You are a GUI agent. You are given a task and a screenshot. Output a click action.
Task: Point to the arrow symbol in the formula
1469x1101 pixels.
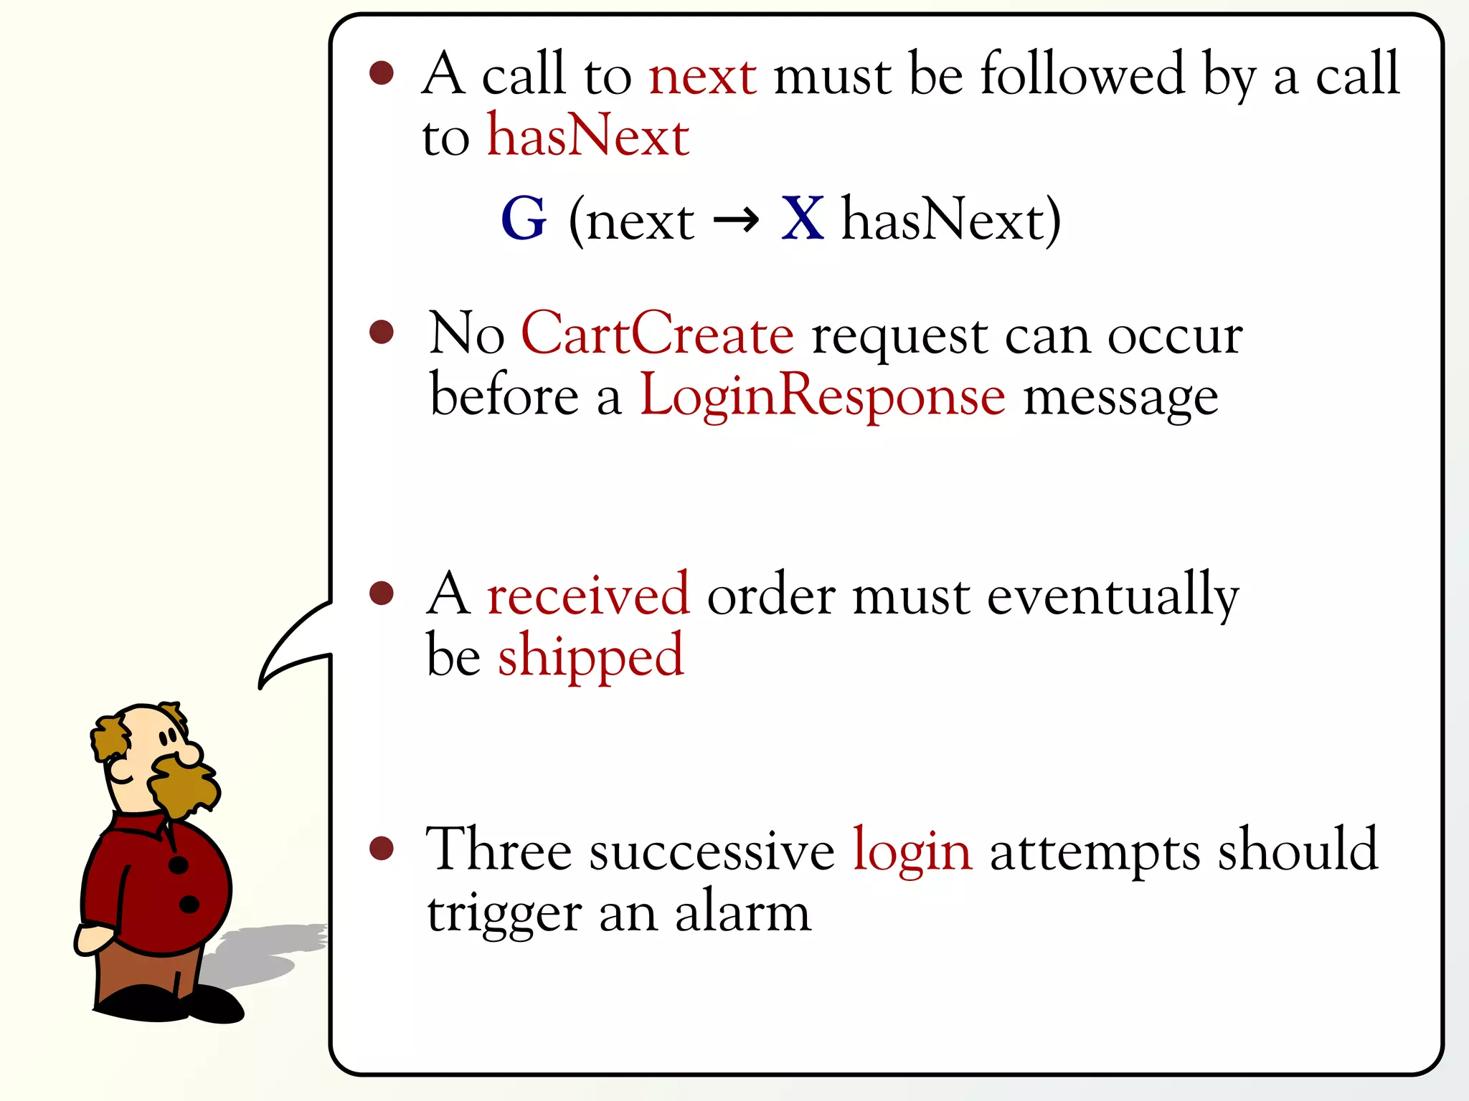tap(737, 220)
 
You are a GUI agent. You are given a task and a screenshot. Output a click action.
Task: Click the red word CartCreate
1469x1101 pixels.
tap(657, 334)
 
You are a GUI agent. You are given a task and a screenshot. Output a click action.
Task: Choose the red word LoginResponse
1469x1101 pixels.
tap(822, 396)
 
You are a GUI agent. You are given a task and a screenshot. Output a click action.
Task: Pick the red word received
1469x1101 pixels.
tap(588, 594)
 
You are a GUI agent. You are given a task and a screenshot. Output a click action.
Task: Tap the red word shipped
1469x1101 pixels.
tap(591, 657)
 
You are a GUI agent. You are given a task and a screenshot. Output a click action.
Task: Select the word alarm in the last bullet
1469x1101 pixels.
tap(743, 913)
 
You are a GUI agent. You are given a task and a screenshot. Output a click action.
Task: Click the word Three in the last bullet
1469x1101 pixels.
tap(499, 850)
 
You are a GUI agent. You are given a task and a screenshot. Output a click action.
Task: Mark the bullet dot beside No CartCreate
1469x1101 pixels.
tap(382, 332)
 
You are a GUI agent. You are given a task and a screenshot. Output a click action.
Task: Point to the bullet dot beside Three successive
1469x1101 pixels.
tap(382, 848)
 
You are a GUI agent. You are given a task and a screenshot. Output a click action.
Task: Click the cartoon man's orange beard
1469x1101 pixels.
tap(184, 788)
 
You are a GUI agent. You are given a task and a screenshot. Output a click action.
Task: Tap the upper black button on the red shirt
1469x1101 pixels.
tap(178, 865)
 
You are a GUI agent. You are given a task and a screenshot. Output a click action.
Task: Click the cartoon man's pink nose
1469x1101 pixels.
tap(191, 753)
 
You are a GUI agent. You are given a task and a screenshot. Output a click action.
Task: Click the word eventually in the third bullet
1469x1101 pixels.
tap(1113, 596)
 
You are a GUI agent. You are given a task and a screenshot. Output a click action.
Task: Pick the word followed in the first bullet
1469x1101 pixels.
tap(1082, 74)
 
